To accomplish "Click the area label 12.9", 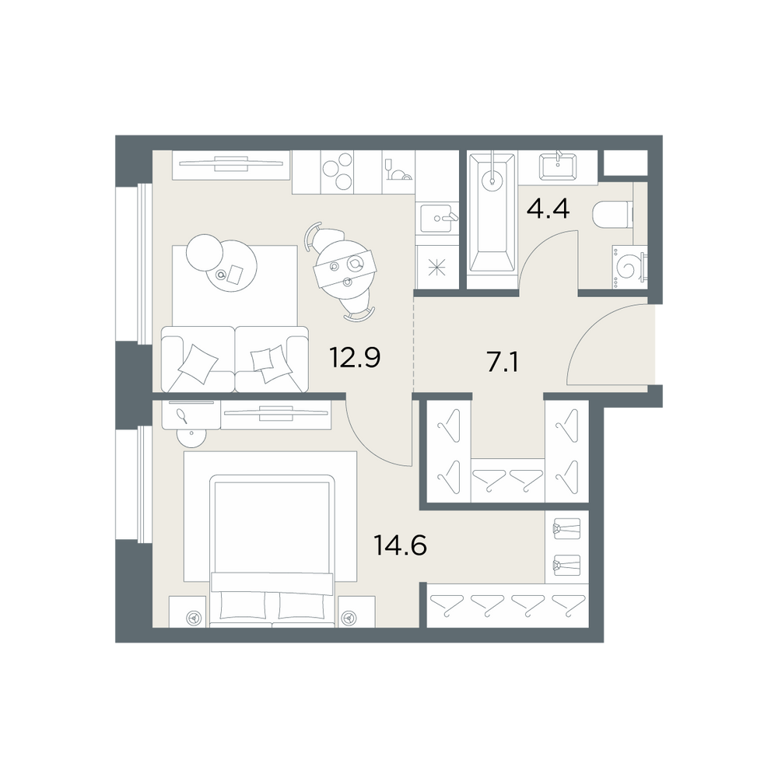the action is coord(355,357).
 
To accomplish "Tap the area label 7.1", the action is coord(503,363).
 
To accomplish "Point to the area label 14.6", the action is coord(400,546).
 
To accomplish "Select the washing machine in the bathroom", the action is coord(629,267).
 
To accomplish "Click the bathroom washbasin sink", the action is coord(559,166).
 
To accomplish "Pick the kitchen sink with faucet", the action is coord(437,219).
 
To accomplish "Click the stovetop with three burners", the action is coord(337,172).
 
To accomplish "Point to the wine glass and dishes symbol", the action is coord(398,170).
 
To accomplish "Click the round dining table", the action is coord(345,267).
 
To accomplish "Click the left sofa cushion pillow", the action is coord(198,364).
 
